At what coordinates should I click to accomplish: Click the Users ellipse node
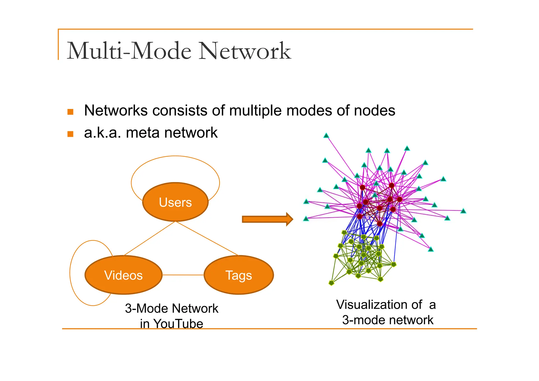pyautogui.click(x=175, y=202)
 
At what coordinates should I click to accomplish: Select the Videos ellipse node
pyautogui.click(x=123, y=275)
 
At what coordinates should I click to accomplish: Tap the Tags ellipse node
pyautogui.click(x=238, y=275)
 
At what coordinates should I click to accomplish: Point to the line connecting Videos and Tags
pyautogui.click(x=183, y=275)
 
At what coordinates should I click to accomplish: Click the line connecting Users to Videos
pyautogui.click(x=149, y=239)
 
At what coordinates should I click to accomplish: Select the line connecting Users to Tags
pyautogui.click(x=207, y=238)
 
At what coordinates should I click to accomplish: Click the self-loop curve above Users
pyautogui.click(x=175, y=156)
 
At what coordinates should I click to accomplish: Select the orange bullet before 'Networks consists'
pyautogui.click(x=70, y=112)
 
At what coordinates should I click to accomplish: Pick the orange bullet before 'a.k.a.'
pyautogui.click(x=70, y=134)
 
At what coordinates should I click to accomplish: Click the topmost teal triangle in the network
pyautogui.click(x=326, y=136)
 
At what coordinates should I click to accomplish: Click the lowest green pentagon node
pyautogui.click(x=331, y=283)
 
